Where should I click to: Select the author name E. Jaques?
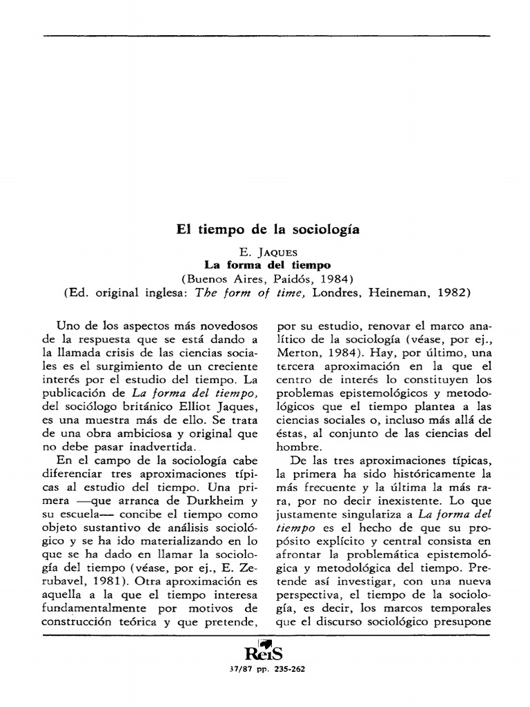coord(266,252)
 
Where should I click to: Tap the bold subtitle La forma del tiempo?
coord(266,264)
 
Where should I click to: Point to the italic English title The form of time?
coord(250,292)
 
